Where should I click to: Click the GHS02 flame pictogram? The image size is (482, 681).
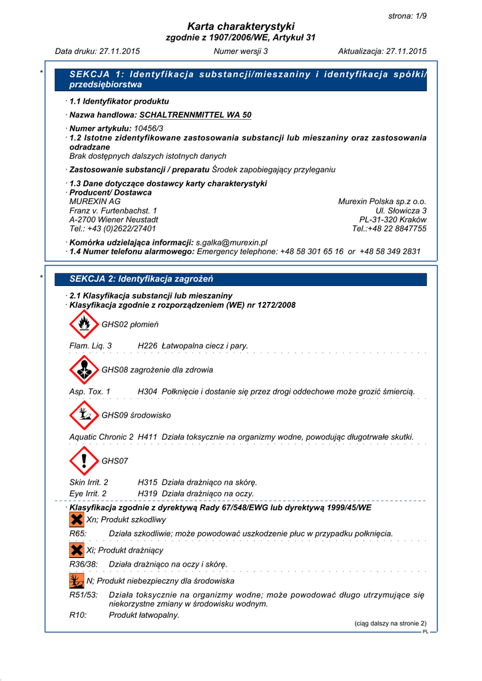click(83, 325)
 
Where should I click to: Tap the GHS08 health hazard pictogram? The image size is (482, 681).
click(83, 370)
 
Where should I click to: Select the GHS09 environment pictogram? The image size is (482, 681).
click(83, 415)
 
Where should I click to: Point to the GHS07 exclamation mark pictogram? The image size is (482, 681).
click(83, 460)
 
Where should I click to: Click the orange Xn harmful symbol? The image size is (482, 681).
click(77, 519)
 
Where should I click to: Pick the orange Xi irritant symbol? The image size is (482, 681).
click(77, 550)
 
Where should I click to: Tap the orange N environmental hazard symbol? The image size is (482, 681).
click(77, 581)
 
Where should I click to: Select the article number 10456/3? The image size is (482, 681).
click(148, 128)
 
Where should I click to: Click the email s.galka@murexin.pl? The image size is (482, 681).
click(231, 243)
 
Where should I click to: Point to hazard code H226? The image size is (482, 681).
click(147, 346)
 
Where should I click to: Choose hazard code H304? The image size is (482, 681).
click(147, 392)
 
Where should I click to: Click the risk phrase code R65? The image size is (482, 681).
click(79, 533)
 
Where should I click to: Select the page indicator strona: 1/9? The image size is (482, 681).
click(407, 15)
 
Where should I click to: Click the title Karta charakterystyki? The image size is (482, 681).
click(240, 26)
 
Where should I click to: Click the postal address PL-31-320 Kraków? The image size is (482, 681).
click(393, 219)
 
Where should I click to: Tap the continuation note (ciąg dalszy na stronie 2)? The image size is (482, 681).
click(389, 623)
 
